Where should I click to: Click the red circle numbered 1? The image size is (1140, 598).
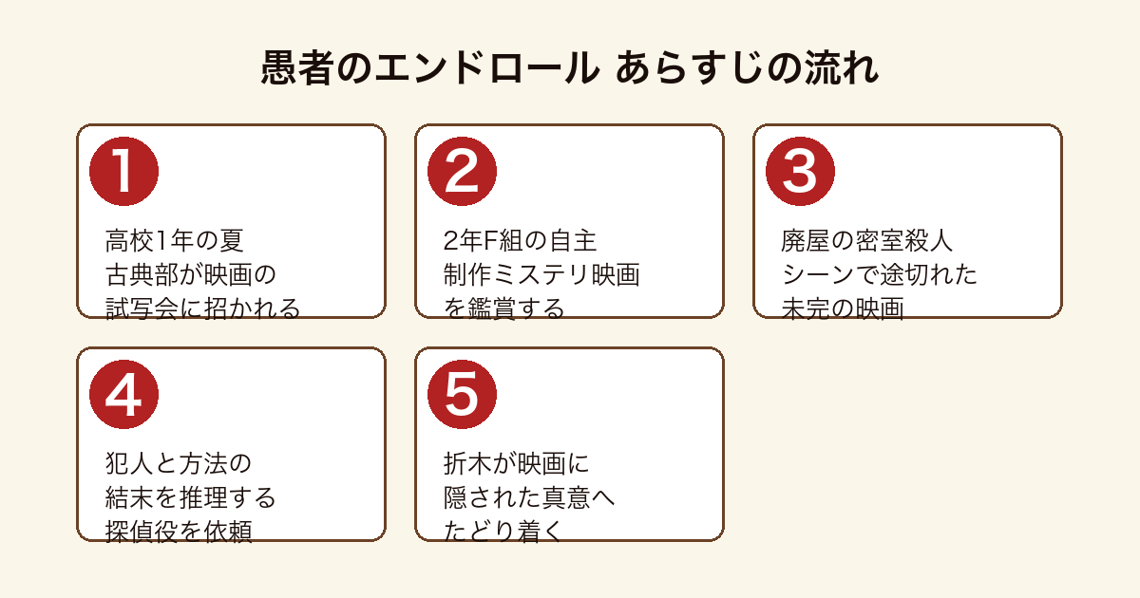coord(123,172)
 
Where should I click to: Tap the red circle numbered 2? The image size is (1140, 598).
coord(462,172)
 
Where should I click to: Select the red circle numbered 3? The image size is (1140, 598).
coord(800,172)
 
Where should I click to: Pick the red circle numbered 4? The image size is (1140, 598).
coord(123,395)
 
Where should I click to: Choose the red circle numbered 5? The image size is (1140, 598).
coord(462,395)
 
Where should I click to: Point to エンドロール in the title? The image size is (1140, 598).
coord(487,67)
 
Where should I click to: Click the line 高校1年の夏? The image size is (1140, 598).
coord(175,240)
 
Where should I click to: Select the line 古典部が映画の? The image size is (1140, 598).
coord(190,274)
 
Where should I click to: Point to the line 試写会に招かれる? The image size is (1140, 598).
coord(203,308)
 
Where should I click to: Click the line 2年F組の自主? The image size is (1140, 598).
coord(520,240)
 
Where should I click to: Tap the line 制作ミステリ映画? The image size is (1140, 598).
coord(541,274)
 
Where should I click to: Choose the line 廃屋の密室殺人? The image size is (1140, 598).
coord(866,240)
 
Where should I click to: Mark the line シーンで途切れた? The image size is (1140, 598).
coord(880,274)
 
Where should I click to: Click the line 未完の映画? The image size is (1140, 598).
coord(843,308)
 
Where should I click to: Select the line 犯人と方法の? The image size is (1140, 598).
coord(179,464)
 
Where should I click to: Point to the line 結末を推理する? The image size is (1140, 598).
coord(190,497)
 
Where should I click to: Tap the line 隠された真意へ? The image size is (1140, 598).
coord(529,497)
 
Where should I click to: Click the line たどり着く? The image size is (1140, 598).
coord(503,532)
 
